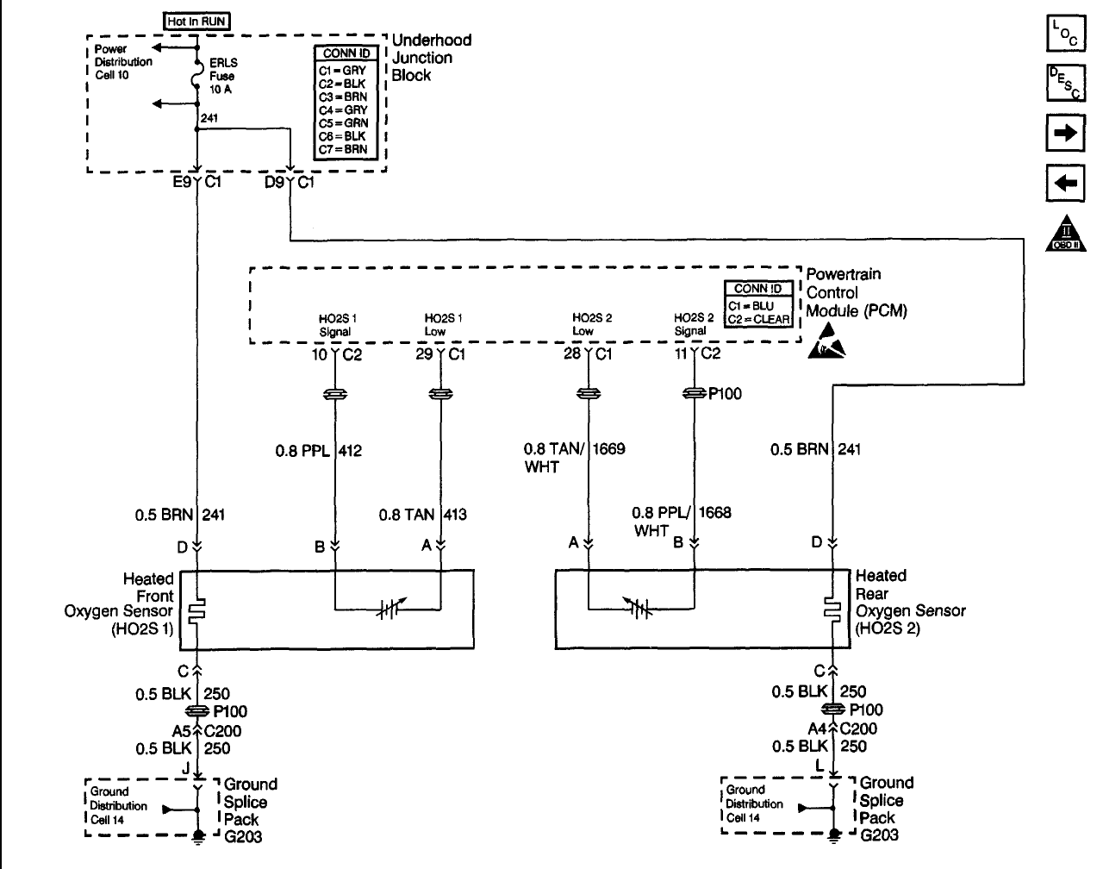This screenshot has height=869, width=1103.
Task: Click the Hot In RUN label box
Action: (x=196, y=21)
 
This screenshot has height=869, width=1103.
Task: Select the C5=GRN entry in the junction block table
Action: (x=344, y=123)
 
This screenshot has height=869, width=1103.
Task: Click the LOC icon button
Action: (x=1066, y=34)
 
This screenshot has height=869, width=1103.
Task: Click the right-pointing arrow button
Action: (x=1066, y=133)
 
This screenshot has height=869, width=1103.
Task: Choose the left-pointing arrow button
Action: (x=1066, y=183)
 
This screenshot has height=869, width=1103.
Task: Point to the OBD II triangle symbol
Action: (x=1066, y=234)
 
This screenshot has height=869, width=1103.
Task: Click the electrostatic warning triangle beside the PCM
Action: (x=826, y=341)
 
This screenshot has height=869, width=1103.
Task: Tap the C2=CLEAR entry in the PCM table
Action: (x=758, y=319)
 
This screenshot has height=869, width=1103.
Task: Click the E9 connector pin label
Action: (x=182, y=182)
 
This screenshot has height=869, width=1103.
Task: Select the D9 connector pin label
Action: (x=274, y=182)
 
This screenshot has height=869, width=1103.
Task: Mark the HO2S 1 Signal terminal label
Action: (x=337, y=325)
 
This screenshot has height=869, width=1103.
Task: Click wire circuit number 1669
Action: (x=609, y=449)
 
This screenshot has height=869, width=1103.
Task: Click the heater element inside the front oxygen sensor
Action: (x=196, y=611)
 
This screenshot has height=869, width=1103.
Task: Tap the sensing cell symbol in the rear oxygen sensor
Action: (x=639, y=609)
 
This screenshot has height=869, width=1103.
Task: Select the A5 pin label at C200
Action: (x=182, y=730)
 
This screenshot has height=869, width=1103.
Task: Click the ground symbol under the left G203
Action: (x=198, y=837)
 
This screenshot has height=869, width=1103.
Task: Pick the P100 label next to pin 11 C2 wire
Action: (x=725, y=394)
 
